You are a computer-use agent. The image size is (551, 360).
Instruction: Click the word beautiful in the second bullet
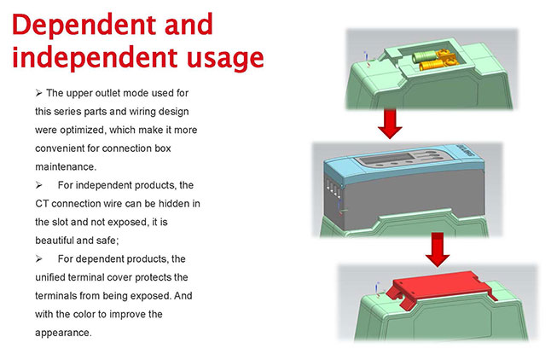(x=51, y=241)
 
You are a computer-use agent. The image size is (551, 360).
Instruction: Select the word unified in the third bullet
(x=55, y=277)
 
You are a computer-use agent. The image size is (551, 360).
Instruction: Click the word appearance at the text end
(x=62, y=333)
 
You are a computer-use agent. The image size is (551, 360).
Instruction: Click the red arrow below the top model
(x=390, y=124)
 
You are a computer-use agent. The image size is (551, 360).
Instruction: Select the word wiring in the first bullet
(x=152, y=112)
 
